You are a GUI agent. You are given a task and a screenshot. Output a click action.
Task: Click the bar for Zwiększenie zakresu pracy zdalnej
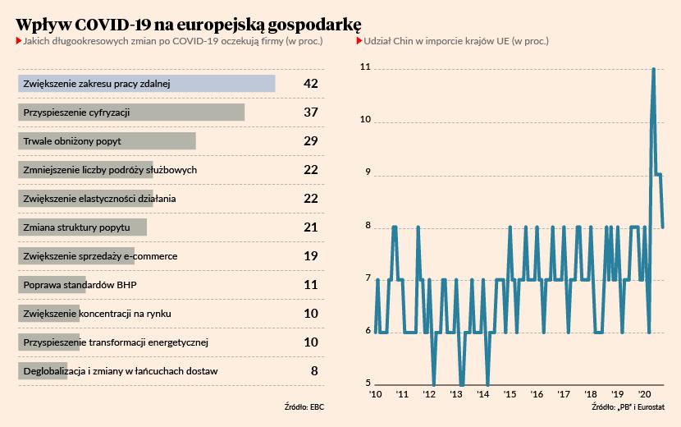click(146, 84)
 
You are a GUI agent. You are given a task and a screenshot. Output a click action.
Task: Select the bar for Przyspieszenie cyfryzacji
click(131, 112)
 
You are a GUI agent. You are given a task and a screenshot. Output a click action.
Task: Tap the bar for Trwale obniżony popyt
click(107, 141)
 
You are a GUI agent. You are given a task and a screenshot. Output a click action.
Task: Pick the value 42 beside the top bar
click(310, 84)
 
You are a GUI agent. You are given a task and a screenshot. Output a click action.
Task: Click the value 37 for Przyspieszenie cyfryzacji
click(310, 112)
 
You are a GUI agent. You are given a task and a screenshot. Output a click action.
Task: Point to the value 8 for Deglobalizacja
click(313, 371)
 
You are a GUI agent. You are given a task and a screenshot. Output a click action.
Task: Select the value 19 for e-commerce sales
click(310, 256)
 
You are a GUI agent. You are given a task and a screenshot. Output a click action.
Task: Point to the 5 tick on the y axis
click(368, 383)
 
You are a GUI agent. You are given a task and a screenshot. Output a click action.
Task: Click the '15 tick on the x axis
click(510, 395)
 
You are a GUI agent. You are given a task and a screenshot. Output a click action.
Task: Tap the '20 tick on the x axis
click(645, 395)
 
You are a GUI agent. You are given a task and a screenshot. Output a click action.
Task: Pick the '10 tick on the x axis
click(376, 395)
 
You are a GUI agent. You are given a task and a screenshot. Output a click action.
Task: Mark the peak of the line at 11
click(653, 69)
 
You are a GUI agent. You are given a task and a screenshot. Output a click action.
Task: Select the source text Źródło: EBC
click(304, 406)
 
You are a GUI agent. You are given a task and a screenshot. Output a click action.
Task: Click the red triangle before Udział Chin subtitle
click(359, 40)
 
